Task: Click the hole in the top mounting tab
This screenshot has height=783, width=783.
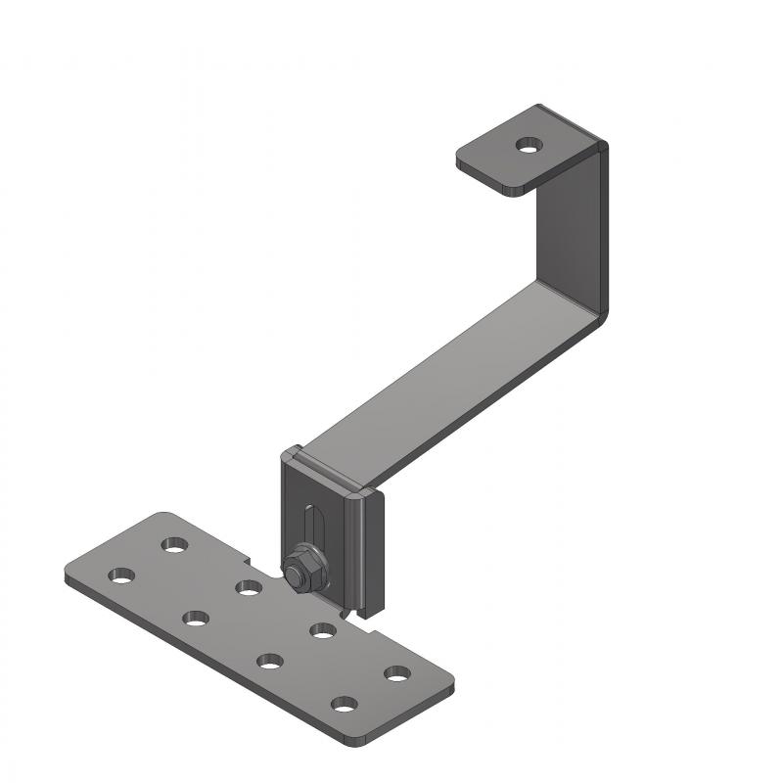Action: click(x=529, y=146)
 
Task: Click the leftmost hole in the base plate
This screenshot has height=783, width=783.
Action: click(x=121, y=575)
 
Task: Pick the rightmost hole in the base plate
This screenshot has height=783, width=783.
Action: click(x=396, y=673)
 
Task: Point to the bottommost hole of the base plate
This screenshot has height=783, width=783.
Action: click(x=344, y=703)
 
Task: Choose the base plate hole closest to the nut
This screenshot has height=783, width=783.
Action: click(x=248, y=587)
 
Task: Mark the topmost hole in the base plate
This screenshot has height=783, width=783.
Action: click(x=176, y=543)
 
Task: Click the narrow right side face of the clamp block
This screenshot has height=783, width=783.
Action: click(x=376, y=553)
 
